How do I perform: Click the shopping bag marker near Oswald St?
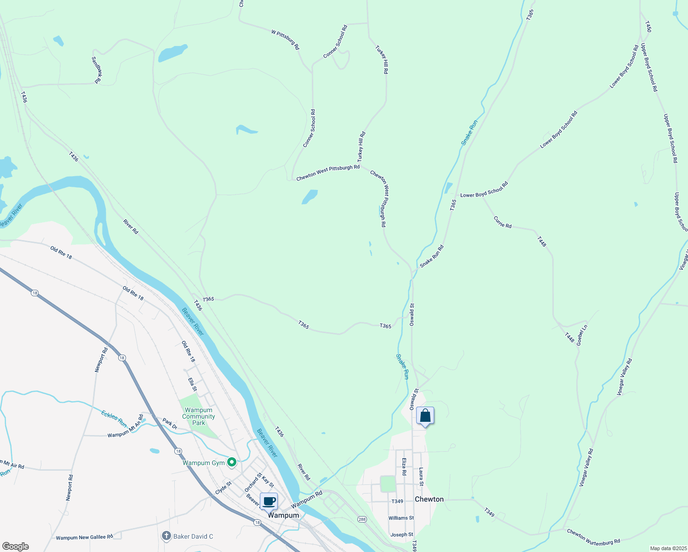(x=425, y=416)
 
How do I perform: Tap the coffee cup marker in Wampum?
(x=269, y=501)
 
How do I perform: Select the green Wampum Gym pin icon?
(x=232, y=462)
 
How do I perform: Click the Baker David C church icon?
(x=166, y=536)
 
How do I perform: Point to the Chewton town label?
(x=429, y=499)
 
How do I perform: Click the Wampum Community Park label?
(x=198, y=416)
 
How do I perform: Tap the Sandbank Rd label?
(x=97, y=70)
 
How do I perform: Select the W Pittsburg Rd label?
(x=286, y=40)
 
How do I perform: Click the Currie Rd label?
(x=503, y=222)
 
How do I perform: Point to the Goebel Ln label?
(x=582, y=335)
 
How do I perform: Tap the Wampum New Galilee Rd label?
(x=84, y=537)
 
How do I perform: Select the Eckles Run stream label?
(x=114, y=418)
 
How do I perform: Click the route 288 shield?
(x=362, y=519)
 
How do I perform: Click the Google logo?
(x=15, y=546)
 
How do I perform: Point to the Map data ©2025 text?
(x=668, y=548)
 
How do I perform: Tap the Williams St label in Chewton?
(x=401, y=518)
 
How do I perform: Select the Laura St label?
(x=421, y=477)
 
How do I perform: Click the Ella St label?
(x=192, y=385)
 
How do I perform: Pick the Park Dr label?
(x=170, y=424)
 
